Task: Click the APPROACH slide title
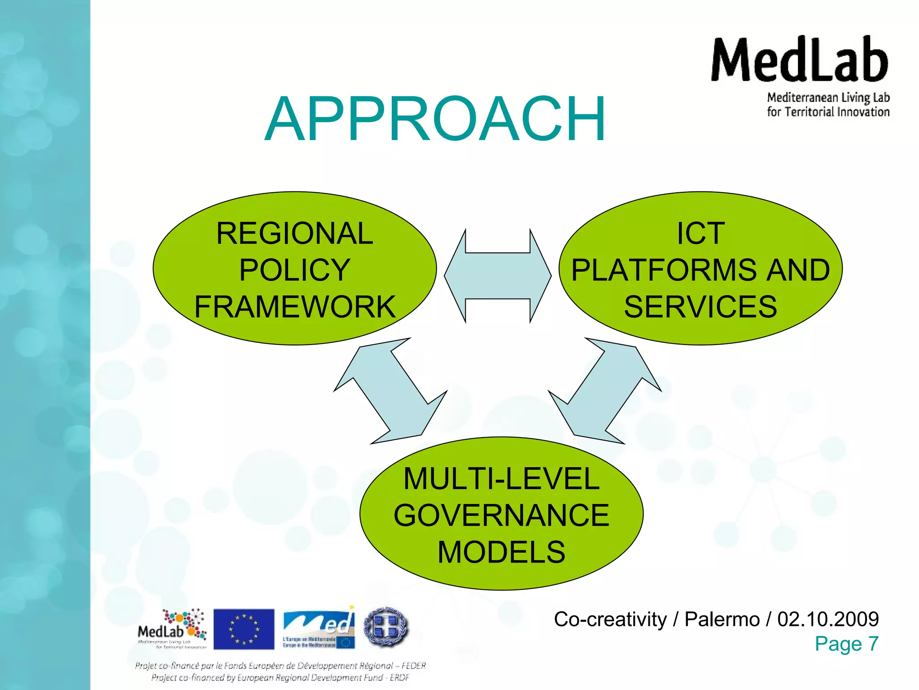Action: [x=435, y=119]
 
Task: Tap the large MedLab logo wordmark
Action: [x=800, y=61]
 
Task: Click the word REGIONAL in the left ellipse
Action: [x=294, y=234]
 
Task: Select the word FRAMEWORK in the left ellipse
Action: [x=294, y=307]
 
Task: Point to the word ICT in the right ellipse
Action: [x=700, y=234]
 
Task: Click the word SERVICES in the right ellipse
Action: [x=700, y=307]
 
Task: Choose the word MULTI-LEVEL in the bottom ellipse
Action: [x=501, y=479]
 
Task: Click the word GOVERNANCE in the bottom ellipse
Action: [x=501, y=515]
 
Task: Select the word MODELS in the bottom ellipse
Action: [x=501, y=552]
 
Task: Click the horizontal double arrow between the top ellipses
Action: [x=498, y=276]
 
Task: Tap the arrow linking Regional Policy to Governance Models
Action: [x=390, y=391]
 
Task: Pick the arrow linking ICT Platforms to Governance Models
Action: [x=604, y=391]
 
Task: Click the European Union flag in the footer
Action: [x=244, y=629]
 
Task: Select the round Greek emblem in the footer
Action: [x=386, y=627]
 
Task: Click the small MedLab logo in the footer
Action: [x=172, y=629]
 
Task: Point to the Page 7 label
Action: [x=846, y=644]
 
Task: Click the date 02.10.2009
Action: [x=828, y=619]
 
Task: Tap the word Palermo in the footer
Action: [x=722, y=619]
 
